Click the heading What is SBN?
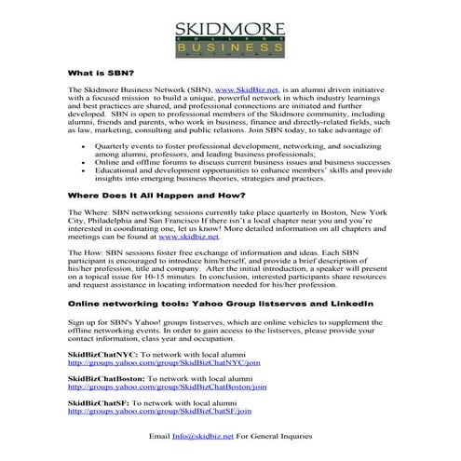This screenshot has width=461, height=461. (x=101, y=72)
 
